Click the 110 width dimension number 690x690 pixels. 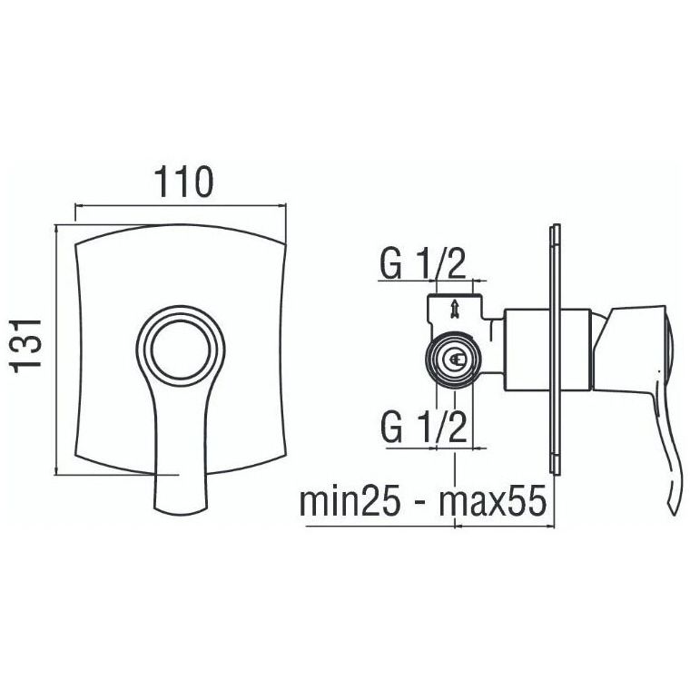point(183,181)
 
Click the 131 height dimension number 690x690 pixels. point(26,346)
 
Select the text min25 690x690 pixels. point(350,501)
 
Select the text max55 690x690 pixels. point(493,501)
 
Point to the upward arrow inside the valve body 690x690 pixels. point(454,308)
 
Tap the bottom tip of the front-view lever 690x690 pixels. point(181,510)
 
